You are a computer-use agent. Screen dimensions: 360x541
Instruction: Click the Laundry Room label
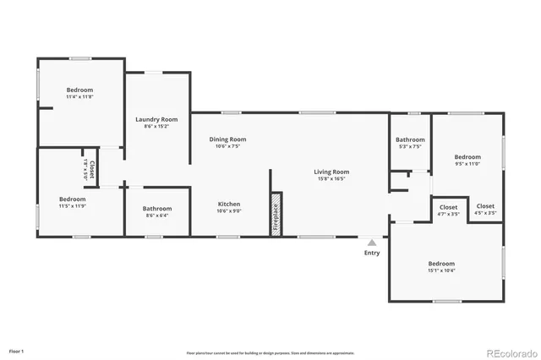(x=156, y=119)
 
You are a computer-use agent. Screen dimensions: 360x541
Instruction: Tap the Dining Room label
(x=227, y=139)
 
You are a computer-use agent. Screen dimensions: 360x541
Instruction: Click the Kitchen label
(x=229, y=204)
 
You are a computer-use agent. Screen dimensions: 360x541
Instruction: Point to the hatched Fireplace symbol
(x=275, y=214)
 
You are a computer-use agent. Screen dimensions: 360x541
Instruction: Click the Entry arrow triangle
(x=371, y=243)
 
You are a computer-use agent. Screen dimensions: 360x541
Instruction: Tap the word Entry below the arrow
(x=371, y=253)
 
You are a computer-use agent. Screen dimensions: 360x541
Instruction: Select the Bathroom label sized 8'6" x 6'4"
(x=157, y=209)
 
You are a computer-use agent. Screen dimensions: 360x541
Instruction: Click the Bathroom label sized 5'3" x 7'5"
(x=409, y=139)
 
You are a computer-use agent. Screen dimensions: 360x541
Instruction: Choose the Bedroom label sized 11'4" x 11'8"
(x=80, y=90)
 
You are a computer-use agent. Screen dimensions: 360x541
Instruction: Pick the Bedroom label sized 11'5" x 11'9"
(x=73, y=199)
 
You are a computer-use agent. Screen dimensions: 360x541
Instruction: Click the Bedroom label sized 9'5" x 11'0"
(x=467, y=156)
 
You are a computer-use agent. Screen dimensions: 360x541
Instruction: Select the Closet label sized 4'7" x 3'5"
(x=448, y=207)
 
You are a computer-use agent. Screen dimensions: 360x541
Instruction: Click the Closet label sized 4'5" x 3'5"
(x=485, y=207)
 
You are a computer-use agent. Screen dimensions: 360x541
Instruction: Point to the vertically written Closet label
(x=92, y=166)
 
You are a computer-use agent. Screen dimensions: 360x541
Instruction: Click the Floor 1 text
(x=17, y=350)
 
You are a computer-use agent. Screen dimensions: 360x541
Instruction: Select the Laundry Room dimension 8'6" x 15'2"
(x=156, y=126)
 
